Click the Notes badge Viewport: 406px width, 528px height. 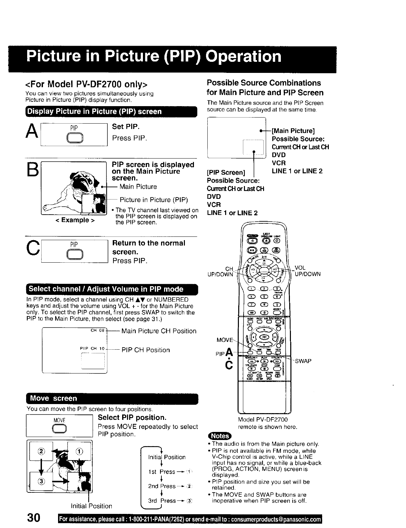(219, 436)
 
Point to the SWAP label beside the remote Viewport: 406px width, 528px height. (303, 361)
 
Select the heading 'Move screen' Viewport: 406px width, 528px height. (53, 398)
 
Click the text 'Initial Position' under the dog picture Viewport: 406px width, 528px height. (91, 506)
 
